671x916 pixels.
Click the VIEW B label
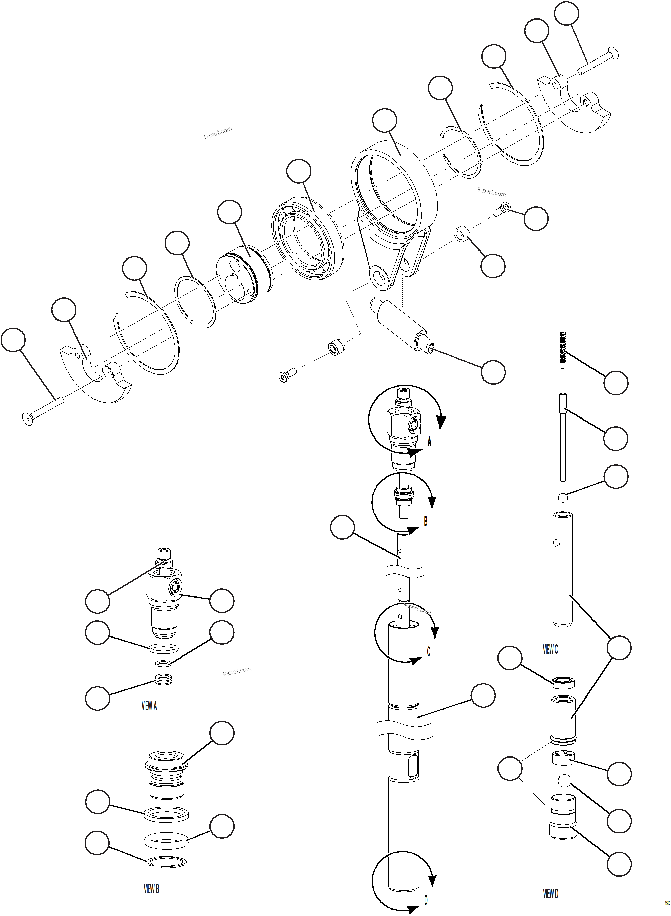click(151, 889)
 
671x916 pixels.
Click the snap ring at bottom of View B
click(167, 862)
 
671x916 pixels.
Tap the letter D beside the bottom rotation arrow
click(426, 900)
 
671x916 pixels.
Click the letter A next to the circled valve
click(429, 442)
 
